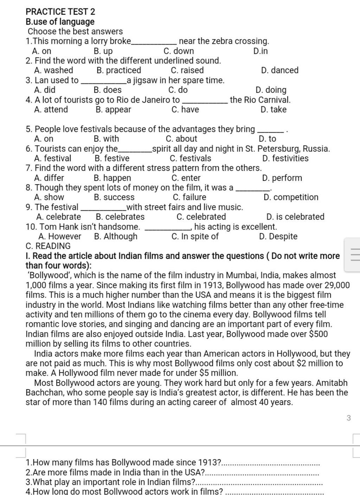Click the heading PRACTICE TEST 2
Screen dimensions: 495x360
[x=60, y=12]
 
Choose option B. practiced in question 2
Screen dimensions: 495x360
[x=118, y=70]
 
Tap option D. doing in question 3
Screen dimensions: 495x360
[x=271, y=90]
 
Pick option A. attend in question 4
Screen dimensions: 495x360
[x=51, y=109]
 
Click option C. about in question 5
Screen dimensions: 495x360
[x=181, y=139]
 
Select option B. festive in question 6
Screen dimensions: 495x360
[x=112, y=158]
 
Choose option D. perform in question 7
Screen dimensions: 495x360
[x=282, y=178]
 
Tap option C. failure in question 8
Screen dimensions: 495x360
[x=189, y=197]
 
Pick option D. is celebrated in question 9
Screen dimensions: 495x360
[x=295, y=217]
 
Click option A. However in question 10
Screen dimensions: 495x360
[x=60, y=236]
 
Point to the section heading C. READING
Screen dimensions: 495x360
[x=48, y=246]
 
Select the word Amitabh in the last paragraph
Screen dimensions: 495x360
[x=333, y=383]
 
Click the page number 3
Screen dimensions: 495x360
[x=348, y=418]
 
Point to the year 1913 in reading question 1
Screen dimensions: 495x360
[x=210, y=462]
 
